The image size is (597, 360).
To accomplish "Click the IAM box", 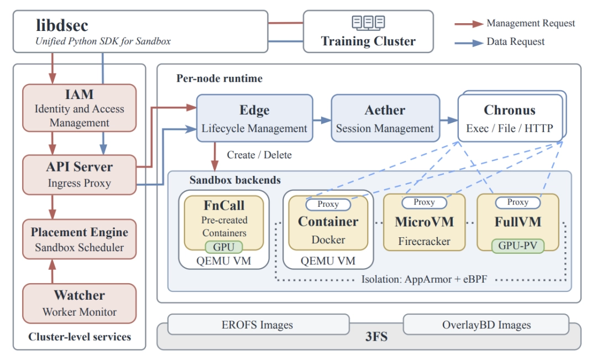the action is (79, 108).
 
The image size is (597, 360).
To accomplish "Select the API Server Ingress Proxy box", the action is (79, 175).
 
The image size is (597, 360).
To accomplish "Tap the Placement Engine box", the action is (79, 239).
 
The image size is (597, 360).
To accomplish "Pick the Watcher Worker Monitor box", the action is (79, 303).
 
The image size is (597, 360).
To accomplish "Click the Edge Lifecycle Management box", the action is (254, 118).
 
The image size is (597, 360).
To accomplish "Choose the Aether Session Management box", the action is (385, 118).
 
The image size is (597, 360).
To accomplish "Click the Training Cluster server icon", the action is (368, 23).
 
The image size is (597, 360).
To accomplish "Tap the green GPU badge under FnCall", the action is (223, 247).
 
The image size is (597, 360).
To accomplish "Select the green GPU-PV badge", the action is (518, 246).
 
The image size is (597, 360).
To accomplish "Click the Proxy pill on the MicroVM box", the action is (424, 202).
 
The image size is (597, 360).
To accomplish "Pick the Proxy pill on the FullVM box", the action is (518, 202).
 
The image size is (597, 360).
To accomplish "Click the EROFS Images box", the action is (258, 325).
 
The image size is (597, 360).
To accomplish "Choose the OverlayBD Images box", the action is (486, 325).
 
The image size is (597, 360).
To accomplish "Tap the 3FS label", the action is (376, 337).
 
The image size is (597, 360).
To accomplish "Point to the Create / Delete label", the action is (259, 155).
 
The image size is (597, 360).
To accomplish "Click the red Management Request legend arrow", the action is (469, 24).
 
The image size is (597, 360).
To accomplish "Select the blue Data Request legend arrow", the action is (469, 43).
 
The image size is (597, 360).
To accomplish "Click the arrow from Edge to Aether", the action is (322, 120).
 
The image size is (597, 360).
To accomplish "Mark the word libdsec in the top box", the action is (62, 25).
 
